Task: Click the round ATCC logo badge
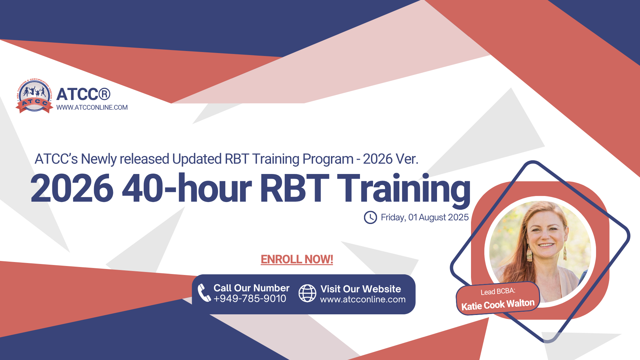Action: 34,96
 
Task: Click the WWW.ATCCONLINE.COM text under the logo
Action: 92,108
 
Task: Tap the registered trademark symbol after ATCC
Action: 104,94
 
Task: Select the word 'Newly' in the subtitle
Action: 99,159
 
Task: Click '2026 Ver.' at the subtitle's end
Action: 390,159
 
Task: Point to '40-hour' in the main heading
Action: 187,188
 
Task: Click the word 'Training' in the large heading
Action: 403,188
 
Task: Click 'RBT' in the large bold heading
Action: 294,188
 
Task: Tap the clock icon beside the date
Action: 370,217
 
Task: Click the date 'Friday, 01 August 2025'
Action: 425,217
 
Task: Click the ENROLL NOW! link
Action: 297,259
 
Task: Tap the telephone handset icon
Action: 204,293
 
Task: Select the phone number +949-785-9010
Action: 250,299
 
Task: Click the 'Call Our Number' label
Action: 251,288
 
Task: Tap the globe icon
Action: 307,293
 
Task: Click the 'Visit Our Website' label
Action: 361,289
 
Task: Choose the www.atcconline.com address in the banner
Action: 363,299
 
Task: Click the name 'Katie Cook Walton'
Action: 498,305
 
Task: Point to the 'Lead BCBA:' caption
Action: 498,291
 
